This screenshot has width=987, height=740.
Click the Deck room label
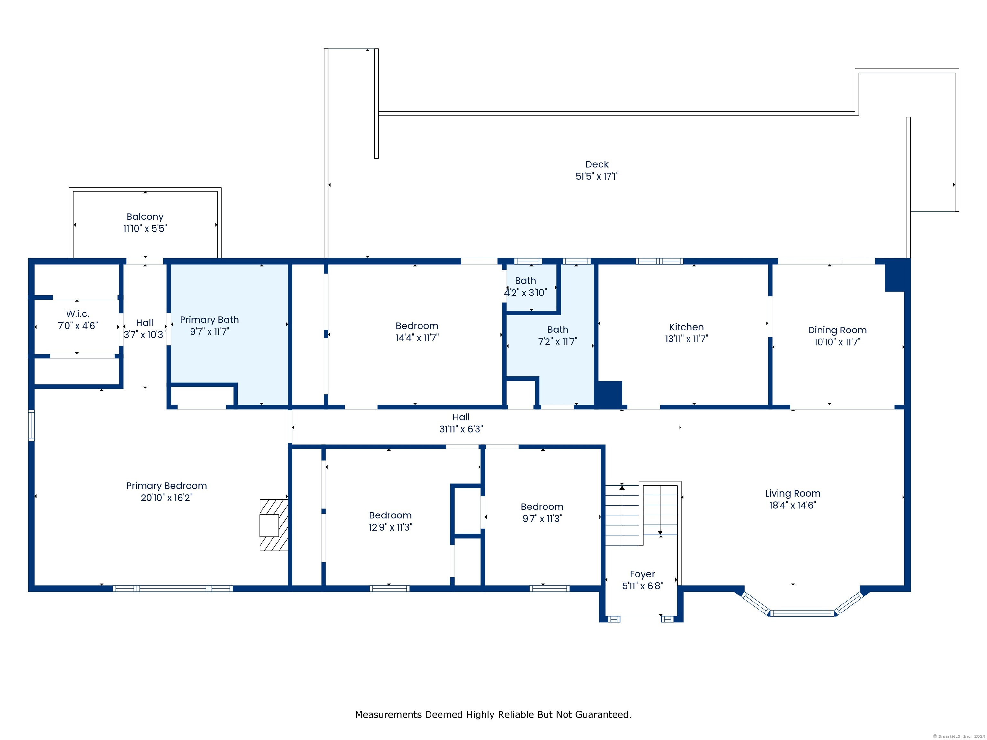click(x=597, y=164)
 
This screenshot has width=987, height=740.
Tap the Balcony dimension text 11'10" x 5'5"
click(x=145, y=228)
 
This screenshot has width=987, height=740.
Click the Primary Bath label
click(x=209, y=320)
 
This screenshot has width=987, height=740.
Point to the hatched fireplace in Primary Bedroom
click(x=273, y=525)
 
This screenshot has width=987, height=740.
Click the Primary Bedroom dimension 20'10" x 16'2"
click(x=166, y=497)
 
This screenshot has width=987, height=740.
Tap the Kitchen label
click(x=686, y=327)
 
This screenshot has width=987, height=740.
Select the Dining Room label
click(x=837, y=330)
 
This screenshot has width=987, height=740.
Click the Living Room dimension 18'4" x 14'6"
click(x=792, y=505)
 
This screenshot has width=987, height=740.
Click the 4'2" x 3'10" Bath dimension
click(x=525, y=293)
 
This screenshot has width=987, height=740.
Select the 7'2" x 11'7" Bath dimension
click(x=557, y=342)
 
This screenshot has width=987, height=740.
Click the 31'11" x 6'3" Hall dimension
click(x=461, y=429)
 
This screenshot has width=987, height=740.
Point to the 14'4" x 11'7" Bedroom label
click(x=417, y=326)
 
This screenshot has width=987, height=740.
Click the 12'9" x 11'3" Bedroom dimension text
click(x=390, y=527)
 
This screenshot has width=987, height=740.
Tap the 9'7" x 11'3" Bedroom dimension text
click(x=542, y=519)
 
